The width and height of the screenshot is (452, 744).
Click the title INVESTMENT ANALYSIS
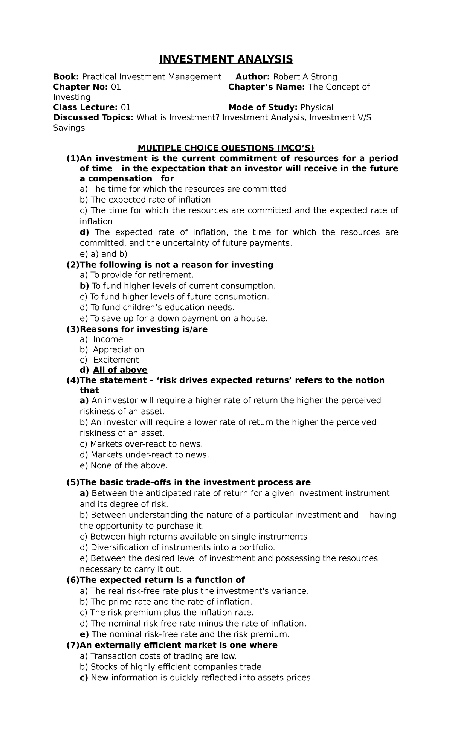tap(226, 59)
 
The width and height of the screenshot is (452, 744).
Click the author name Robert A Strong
tap(305, 77)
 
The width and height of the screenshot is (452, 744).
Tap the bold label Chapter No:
tap(81, 87)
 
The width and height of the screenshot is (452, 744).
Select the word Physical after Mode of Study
tap(316, 108)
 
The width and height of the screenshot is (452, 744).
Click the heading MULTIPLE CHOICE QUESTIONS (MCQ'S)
tap(226, 148)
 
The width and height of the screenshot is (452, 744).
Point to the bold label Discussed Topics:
tap(93, 118)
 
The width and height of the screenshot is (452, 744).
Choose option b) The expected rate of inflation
tap(145, 200)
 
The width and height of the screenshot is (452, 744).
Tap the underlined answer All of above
tap(120, 370)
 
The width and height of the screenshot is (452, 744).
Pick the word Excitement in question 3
tap(116, 360)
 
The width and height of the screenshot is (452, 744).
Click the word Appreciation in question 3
tap(119, 350)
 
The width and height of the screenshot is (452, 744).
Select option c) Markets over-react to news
tap(141, 444)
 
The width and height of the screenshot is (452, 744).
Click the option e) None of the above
tap(124, 466)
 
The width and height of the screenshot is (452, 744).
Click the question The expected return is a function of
tap(162, 580)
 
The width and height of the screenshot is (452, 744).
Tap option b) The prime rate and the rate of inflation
tap(166, 602)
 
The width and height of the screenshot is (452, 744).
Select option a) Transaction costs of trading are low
tap(158, 656)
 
